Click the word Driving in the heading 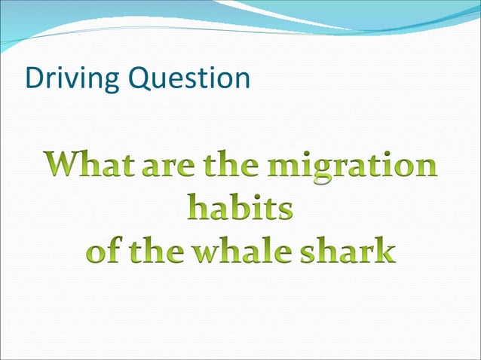coord(70,78)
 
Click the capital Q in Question coord(138,78)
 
